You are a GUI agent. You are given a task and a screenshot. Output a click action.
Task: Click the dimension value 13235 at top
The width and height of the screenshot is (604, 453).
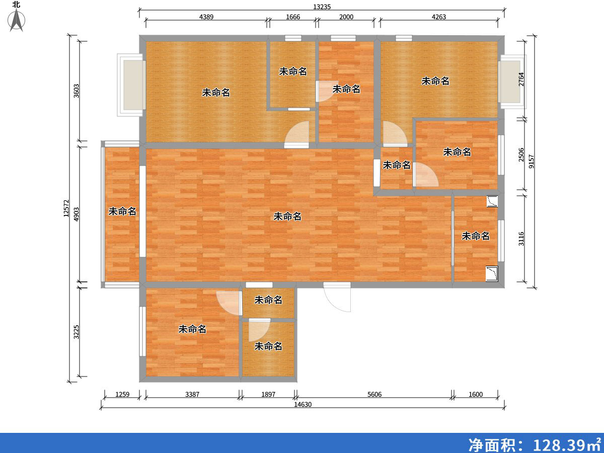click(x=322, y=7)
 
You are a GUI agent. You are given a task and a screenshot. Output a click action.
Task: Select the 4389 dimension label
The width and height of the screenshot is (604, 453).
click(x=206, y=17)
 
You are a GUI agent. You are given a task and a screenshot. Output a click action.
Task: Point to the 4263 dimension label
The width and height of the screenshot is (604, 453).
click(x=439, y=17)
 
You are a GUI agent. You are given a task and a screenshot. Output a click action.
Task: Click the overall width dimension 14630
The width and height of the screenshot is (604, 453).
click(x=303, y=404)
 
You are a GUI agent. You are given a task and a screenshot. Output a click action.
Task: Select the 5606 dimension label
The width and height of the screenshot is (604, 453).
click(x=374, y=395)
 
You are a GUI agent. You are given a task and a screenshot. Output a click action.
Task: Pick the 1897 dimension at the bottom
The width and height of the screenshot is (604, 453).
click(x=268, y=395)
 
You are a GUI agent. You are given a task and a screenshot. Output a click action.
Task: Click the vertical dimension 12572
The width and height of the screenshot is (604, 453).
click(x=66, y=209)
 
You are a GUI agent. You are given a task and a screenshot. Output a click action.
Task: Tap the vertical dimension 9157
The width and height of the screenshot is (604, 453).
click(x=532, y=162)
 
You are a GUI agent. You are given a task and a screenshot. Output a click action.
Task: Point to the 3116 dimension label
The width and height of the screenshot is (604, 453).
click(x=521, y=238)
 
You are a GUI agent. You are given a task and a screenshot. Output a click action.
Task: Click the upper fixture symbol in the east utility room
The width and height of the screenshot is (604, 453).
click(x=492, y=201)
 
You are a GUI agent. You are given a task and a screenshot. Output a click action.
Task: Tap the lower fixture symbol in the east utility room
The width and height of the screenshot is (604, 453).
click(x=491, y=274)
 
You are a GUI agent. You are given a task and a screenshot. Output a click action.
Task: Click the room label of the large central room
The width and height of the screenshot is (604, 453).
click(x=287, y=216)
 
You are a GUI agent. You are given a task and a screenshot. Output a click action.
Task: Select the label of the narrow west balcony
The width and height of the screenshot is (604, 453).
click(x=122, y=211)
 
